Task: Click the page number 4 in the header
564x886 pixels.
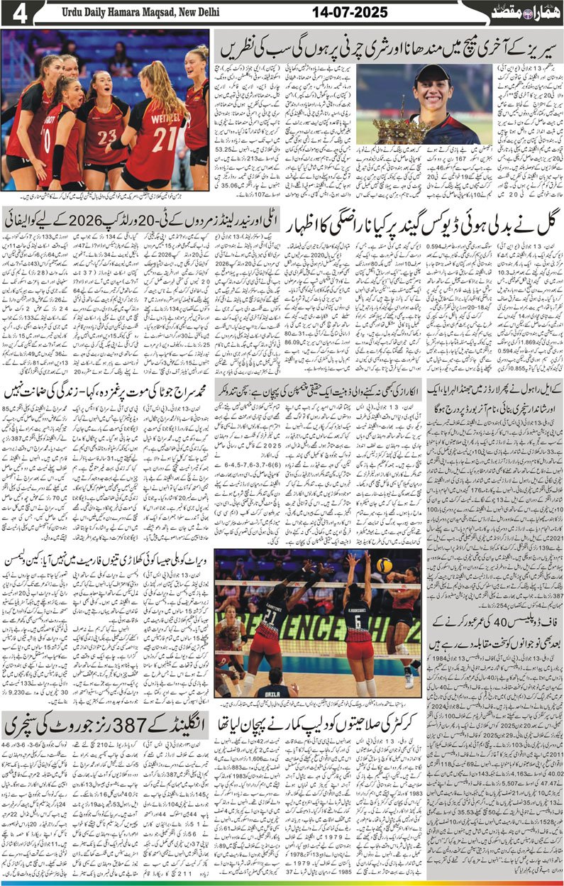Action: [16, 13]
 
